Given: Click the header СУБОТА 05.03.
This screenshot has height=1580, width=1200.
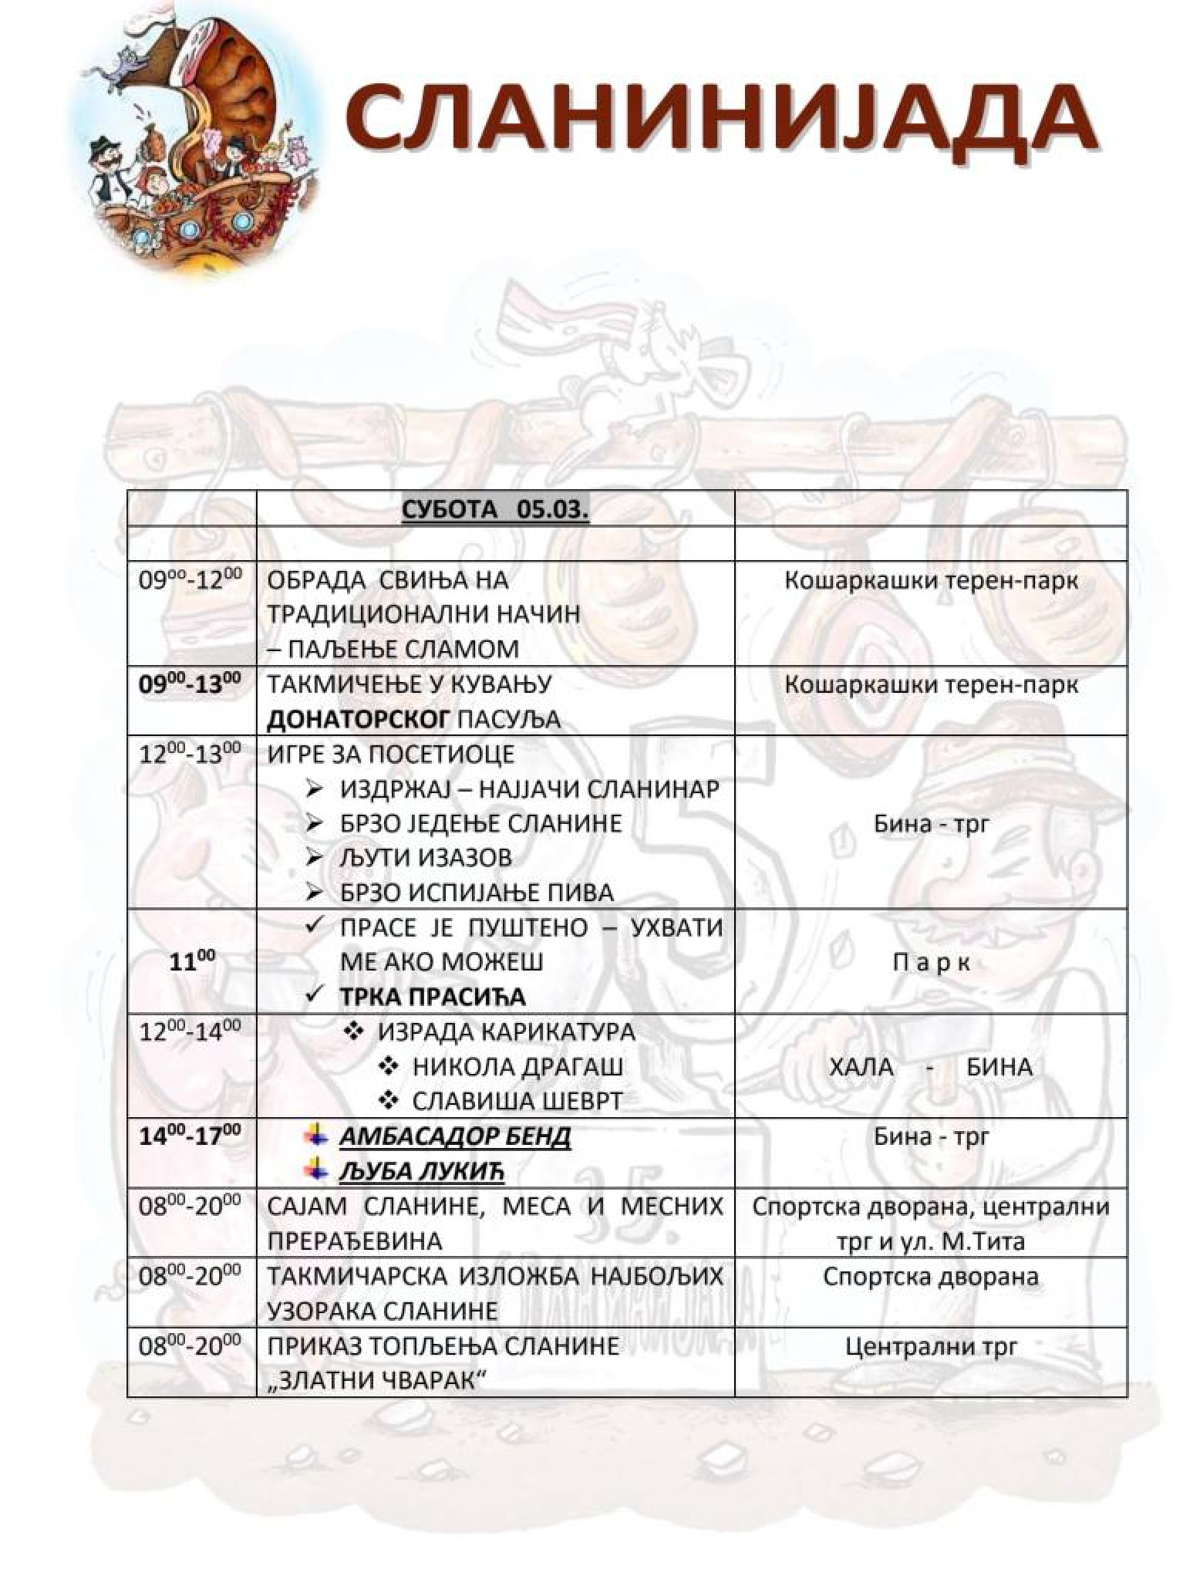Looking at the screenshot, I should tap(495, 510).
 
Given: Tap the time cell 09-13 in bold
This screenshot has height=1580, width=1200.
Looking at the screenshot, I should tap(190, 684).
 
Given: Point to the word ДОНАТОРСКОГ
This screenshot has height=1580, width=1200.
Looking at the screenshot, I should tap(358, 720).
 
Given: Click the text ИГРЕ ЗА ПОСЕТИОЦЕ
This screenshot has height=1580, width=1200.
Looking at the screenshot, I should tap(390, 754).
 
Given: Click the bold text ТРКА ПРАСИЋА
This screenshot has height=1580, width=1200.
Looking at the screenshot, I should tap(433, 997).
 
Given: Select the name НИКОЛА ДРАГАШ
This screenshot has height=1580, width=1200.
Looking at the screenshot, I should tap(517, 1067).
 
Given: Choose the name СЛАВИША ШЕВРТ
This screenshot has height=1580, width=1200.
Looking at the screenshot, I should tap(517, 1101).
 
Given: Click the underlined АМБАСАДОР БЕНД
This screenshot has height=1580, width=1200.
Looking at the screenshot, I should tap(455, 1136).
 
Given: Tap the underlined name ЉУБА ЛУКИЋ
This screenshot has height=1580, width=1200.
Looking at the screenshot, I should tap(421, 1172).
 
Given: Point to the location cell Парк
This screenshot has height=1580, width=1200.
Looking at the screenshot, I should tap(931, 962).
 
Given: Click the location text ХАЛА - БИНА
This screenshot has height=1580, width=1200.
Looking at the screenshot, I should tap(931, 1067).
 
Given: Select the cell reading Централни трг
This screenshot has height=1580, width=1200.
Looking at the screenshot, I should tap(931, 1347).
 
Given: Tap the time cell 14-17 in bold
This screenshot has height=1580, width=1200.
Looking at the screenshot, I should tap(190, 1136).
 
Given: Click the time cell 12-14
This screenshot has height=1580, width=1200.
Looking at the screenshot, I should tap(190, 1031).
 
